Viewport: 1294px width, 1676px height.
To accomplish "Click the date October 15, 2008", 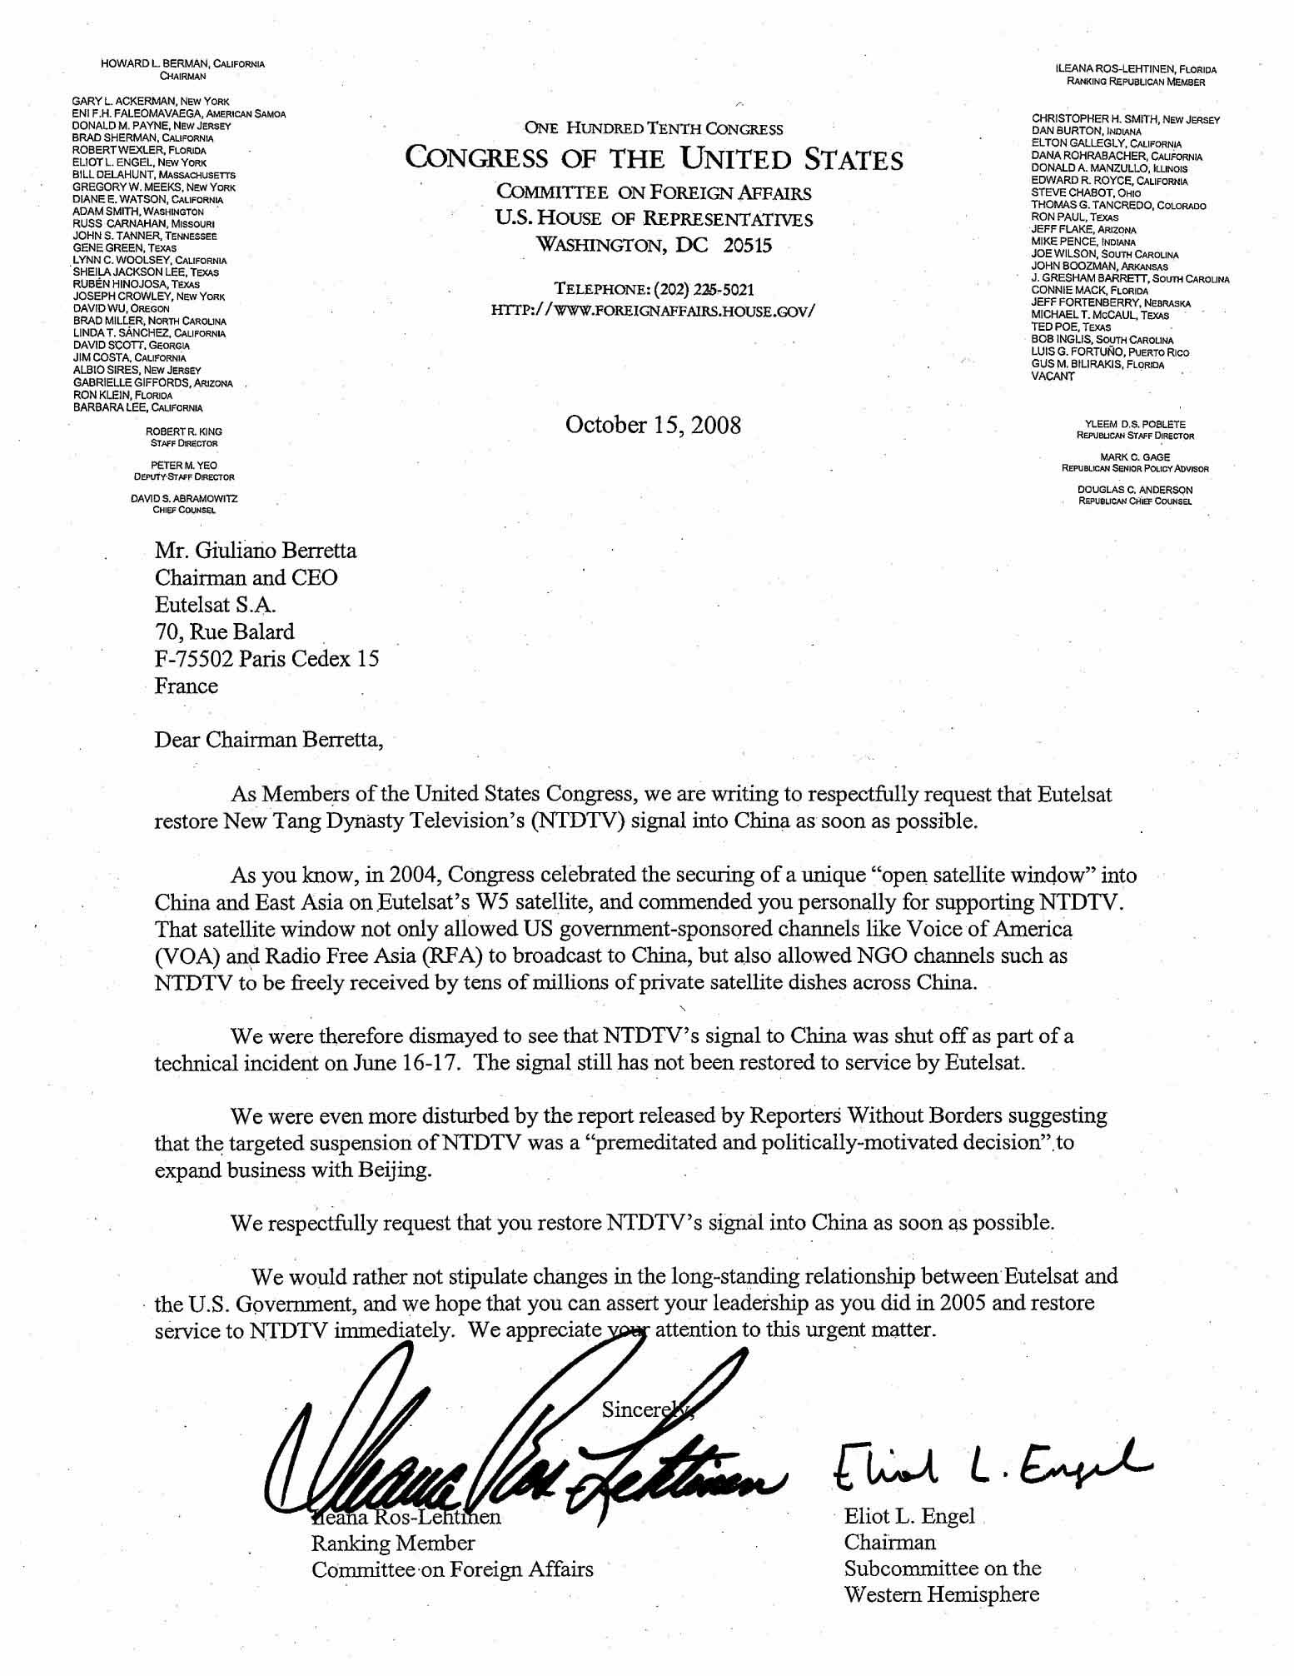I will (653, 425).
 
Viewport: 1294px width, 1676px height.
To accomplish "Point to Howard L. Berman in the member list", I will (182, 64).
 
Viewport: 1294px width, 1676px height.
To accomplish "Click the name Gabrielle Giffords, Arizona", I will (153, 382).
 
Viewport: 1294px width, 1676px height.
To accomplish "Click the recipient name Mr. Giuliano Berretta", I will (256, 551).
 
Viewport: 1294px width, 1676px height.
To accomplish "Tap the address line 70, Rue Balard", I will (224, 631).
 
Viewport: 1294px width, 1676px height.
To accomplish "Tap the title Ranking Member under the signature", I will (393, 1543).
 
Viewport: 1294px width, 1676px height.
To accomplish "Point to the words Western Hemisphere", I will (941, 1594).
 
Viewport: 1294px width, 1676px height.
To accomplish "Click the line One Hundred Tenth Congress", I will (653, 129).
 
